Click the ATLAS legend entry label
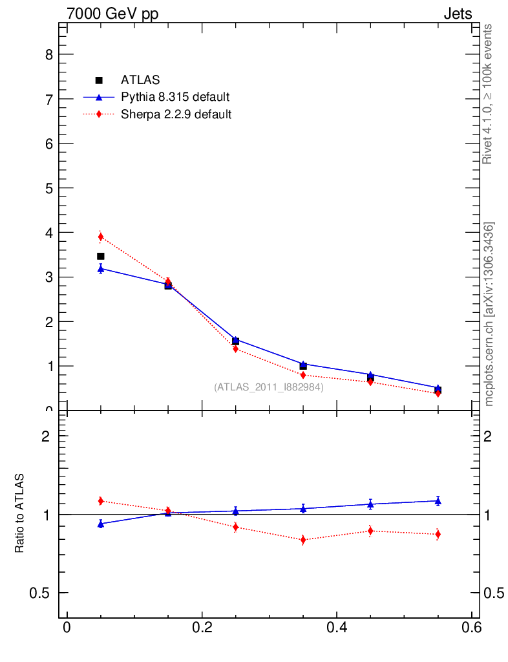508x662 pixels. (140, 80)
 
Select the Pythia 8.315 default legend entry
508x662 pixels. (175, 98)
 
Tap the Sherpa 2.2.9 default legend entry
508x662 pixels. (176, 114)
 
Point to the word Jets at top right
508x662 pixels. (457, 14)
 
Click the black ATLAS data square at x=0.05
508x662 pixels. (101, 257)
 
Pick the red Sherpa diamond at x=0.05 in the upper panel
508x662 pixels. (101, 237)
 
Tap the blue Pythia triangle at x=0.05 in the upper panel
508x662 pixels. (101, 268)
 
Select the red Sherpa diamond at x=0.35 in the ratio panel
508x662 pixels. (303, 540)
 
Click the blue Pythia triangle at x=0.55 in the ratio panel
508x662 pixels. (438, 500)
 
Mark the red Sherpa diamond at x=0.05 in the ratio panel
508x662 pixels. (101, 500)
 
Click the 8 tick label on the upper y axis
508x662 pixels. (49, 55)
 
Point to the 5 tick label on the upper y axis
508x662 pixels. (49, 188)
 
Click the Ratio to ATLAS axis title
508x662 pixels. (20, 513)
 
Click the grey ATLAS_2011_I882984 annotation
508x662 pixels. (269, 387)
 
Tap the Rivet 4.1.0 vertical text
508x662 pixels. (488, 94)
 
